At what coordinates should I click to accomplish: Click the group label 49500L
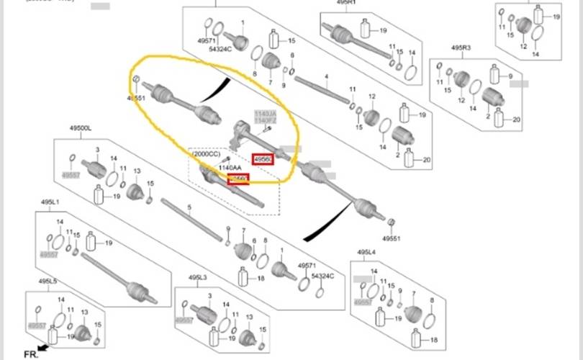point(80,127)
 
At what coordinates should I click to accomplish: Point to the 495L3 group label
point(198,277)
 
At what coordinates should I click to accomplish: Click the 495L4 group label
point(366,252)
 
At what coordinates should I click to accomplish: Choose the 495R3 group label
point(461,48)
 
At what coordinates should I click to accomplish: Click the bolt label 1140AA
point(230,168)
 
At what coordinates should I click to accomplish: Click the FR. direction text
point(31,354)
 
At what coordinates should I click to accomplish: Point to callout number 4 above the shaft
point(326,76)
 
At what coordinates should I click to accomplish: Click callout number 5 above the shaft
point(189,207)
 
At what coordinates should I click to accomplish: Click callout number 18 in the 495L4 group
point(434,339)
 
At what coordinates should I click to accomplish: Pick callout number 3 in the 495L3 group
point(209,296)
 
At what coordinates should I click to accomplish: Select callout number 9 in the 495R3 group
point(510,76)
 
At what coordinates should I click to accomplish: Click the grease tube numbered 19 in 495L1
point(91,243)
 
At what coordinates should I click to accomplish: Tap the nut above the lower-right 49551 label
point(392,221)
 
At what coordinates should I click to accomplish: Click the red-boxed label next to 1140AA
point(238,179)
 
